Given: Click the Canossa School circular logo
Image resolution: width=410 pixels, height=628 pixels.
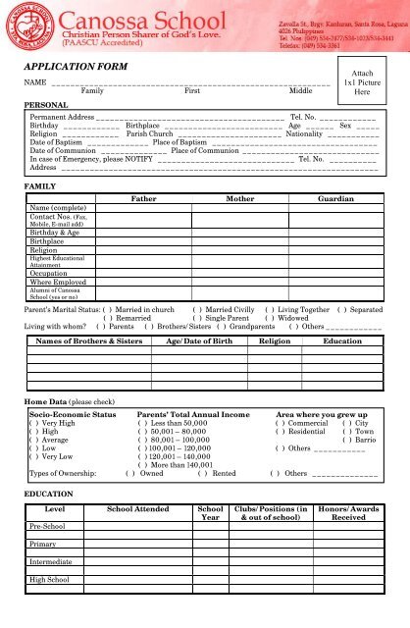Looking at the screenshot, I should [x=28, y=26].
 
